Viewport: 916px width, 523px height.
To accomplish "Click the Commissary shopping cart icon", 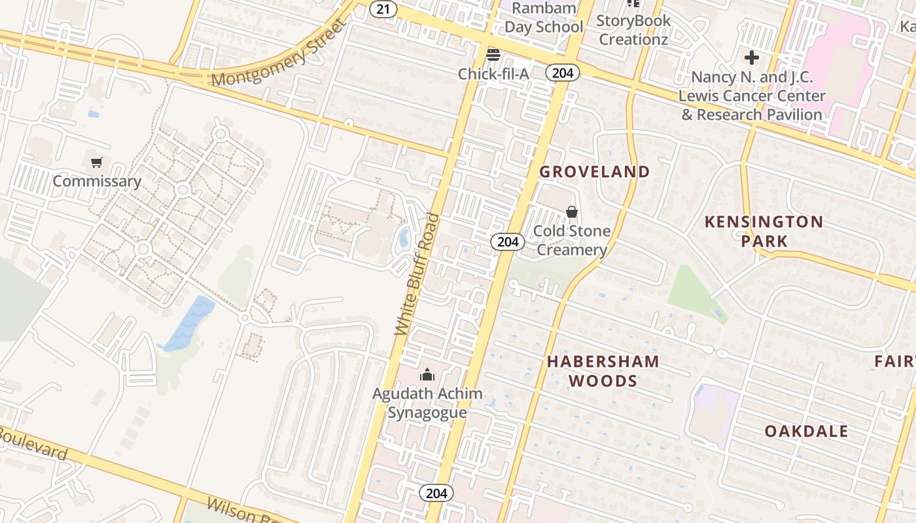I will pyautogui.click(x=97, y=162).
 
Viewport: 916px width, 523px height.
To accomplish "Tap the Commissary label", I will pyautogui.click(x=97, y=181).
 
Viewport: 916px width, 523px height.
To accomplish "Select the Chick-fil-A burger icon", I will pyautogui.click(x=493, y=54).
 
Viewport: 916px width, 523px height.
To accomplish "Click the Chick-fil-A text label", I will pyautogui.click(x=493, y=74).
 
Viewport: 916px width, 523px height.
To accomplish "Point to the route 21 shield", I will pyautogui.click(x=383, y=9).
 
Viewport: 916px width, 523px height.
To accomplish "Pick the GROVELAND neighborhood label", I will pyautogui.click(x=594, y=172).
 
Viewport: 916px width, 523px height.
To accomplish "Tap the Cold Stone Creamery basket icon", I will pyautogui.click(x=572, y=212).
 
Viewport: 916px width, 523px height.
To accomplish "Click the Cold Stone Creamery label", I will pyautogui.click(x=572, y=240).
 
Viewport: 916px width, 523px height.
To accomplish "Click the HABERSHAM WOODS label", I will pyautogui.click(x=603, y=371).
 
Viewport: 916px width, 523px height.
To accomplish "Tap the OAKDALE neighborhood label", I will pyautogui.click(x=807, y=431).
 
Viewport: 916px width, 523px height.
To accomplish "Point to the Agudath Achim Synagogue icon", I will pyautogui.click(x=427, y=375).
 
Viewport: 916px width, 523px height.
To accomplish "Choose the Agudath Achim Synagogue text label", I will pyautogui.click(x=427, y=403).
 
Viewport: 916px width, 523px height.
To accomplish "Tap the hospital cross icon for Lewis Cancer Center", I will pyautogui.click(x=752, y=58).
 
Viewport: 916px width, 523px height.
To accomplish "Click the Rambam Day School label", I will pyautogui.click(x=543, y=18).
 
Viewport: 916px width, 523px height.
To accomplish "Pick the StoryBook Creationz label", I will pyautogui.click(x=634, y=29).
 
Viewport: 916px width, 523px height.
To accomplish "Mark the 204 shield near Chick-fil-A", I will pyautogui.click(x=562, y=73).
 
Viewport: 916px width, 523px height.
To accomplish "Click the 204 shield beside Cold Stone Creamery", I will pyautogui.click(x=507, y=242).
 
